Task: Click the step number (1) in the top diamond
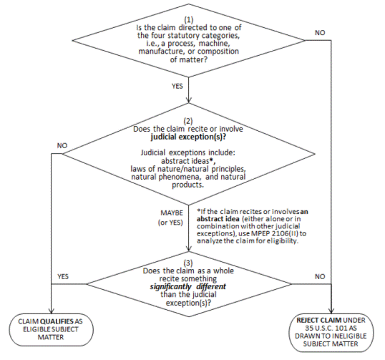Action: pyautogui.click(x=189, y=19)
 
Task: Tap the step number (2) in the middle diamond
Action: pyautogui.click(x=188, y=121)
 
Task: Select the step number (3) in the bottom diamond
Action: pyautogui.click(x=188, y=263)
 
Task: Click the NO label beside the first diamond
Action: pyautogui.click(x=320, y=33)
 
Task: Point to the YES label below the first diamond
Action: pyautogui.click(x=177, y=86)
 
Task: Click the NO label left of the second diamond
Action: pyautogui.click(x=62, y=145)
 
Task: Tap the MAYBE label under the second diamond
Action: pyautogui.click(x=172, y=213)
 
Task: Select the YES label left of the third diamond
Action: pyautogui.click(x=63, y=276)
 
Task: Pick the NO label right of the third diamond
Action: pyautogui.click(x=320, y=276)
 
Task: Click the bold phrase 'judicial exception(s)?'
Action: pyautogui.click(x=188, y=137)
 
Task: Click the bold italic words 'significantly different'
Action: pyautogui.click(x=188, y=286)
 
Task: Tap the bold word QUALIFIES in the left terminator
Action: pyautogui.click(x=57, y=321)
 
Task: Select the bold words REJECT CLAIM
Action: pyautogui.click(x=318, y=320)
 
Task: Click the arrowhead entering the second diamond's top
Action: pyautogui.click(x=189, y=100)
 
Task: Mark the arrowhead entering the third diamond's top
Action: pyautogui.click(x=189, y=249)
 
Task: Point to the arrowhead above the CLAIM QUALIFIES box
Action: pyautogui.click(x=52, y=311)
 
